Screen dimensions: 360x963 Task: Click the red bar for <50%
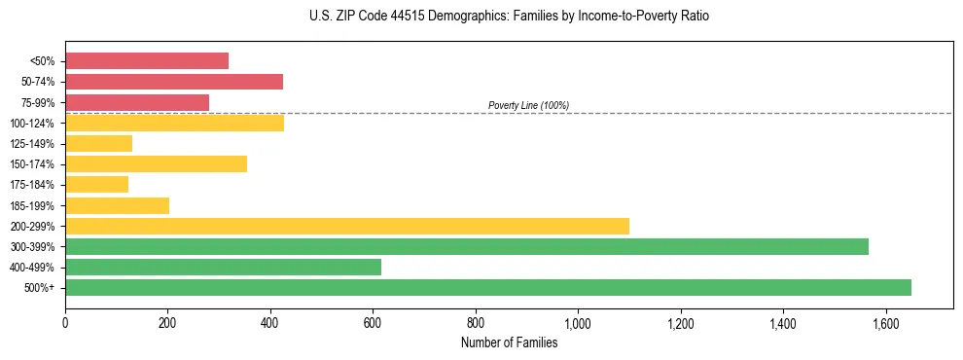(x=147, y=60)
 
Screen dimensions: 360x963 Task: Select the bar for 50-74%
(x=174, y=82)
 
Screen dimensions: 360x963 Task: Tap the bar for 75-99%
(x=137, y=102)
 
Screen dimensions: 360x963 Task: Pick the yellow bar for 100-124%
(x=175, y=123)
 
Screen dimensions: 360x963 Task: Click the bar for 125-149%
(x=98, y=143)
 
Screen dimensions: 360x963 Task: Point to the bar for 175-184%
(x=96, y=184)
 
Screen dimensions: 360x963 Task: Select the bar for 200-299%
(x=347, y=226)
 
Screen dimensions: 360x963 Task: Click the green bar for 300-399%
(x=467, y=246)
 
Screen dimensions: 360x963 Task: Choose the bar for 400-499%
(x=224, y=267)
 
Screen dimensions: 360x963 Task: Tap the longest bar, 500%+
(x=488, y=287)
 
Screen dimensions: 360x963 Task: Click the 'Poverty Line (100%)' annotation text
(x=528, y=105)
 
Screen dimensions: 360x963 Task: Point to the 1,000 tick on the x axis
(x=578, y=318)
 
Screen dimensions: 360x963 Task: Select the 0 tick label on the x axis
(x=65, y=318)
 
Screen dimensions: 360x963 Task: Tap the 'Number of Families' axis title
(x=509, y=342)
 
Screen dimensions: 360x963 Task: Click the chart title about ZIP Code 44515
(x=510, y=17)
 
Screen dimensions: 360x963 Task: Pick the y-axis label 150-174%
(x=34, y=164)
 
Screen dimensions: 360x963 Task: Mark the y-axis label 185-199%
(x=34, y=205)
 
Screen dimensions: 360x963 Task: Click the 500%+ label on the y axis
(x=40, y=288)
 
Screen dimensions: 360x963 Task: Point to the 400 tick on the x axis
(x=270, y=318)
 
